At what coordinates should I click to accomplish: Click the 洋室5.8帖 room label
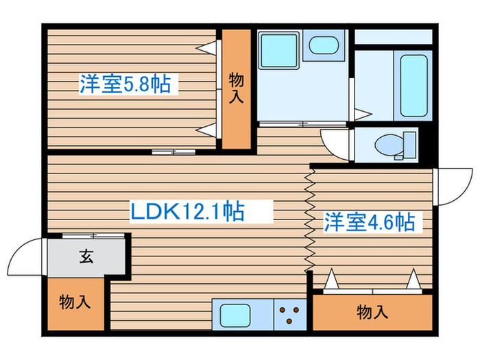(125, 86)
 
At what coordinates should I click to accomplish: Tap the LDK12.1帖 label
(187, 211)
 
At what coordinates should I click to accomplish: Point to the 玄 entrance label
(86, 258)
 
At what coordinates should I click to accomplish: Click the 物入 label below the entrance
(75, 302)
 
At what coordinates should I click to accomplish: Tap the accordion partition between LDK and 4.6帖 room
(309, 220)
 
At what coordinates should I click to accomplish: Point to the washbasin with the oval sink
(323, 47)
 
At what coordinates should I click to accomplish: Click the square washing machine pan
(278, 49)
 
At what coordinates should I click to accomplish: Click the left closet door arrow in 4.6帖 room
(331, 280)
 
